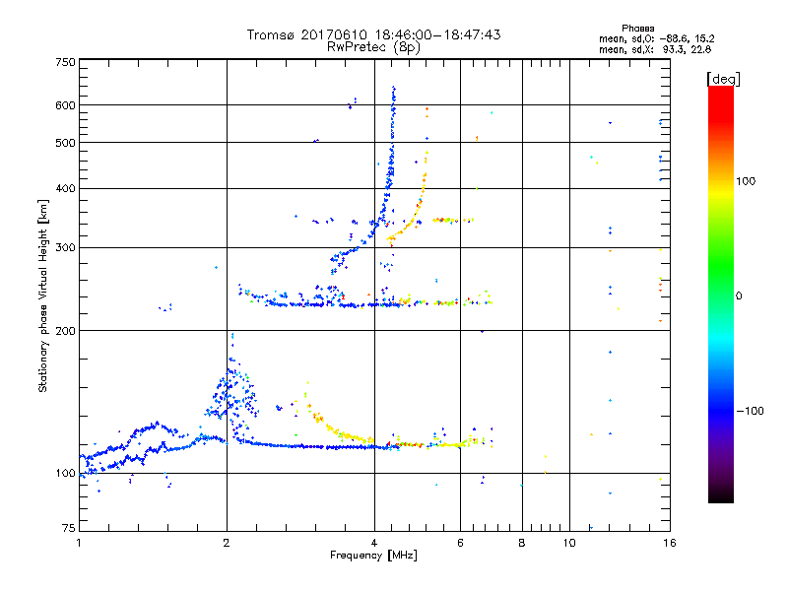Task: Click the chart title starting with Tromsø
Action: tap(373, 34)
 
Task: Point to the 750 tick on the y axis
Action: tap(66, 61)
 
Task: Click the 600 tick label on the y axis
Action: tap(66, 104)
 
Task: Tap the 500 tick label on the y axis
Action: tap(66, 142)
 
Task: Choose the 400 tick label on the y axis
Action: tap(66, 188)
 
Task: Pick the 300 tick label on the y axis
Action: tap(66, 247)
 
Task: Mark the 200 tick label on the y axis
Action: tap(66, 330)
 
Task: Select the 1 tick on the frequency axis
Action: tap(79, 543)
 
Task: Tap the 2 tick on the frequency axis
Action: tap(227, 543)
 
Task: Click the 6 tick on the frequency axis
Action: tap(460, 543)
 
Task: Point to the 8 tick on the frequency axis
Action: tap(522, 543)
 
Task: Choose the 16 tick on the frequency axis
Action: tap(669, 543)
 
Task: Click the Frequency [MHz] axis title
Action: tap(373, 556)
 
